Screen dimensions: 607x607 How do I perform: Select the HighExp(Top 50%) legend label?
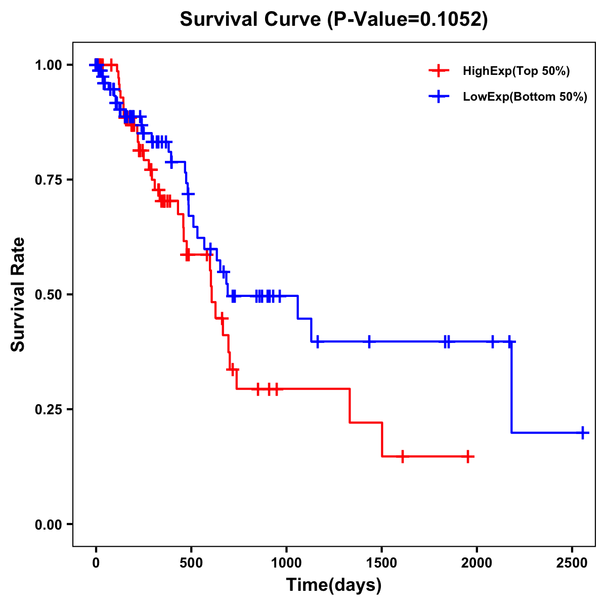[516, 71]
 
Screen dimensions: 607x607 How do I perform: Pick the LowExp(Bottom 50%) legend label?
[525, 97]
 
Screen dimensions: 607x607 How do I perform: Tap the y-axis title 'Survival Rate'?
[18, 294]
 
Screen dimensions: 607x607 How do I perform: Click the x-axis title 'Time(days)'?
[334, 585]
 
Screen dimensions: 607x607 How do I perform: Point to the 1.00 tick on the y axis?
[49, 65]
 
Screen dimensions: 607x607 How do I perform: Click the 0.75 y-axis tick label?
[49, 180]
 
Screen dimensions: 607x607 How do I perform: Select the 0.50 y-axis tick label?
[49, 294]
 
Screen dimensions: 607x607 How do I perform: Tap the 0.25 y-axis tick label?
[49, 409]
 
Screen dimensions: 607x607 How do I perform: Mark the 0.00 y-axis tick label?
[49, 524]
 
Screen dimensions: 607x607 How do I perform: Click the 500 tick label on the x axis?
[191, 562]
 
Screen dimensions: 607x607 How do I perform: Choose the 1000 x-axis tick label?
[286, 562]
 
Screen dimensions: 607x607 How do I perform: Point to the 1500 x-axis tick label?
[381, 562]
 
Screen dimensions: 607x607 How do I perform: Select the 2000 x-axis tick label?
[477, 562]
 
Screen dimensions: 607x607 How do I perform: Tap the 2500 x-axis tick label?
[572, 562]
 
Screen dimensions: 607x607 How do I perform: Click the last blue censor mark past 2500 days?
[583, 432]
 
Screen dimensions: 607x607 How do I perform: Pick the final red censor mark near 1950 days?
[468, 456]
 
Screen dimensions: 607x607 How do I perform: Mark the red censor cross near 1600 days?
[402, 456]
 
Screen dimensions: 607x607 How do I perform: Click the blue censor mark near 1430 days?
[369, 341]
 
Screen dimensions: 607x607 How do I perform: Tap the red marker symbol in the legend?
[439, 71]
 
